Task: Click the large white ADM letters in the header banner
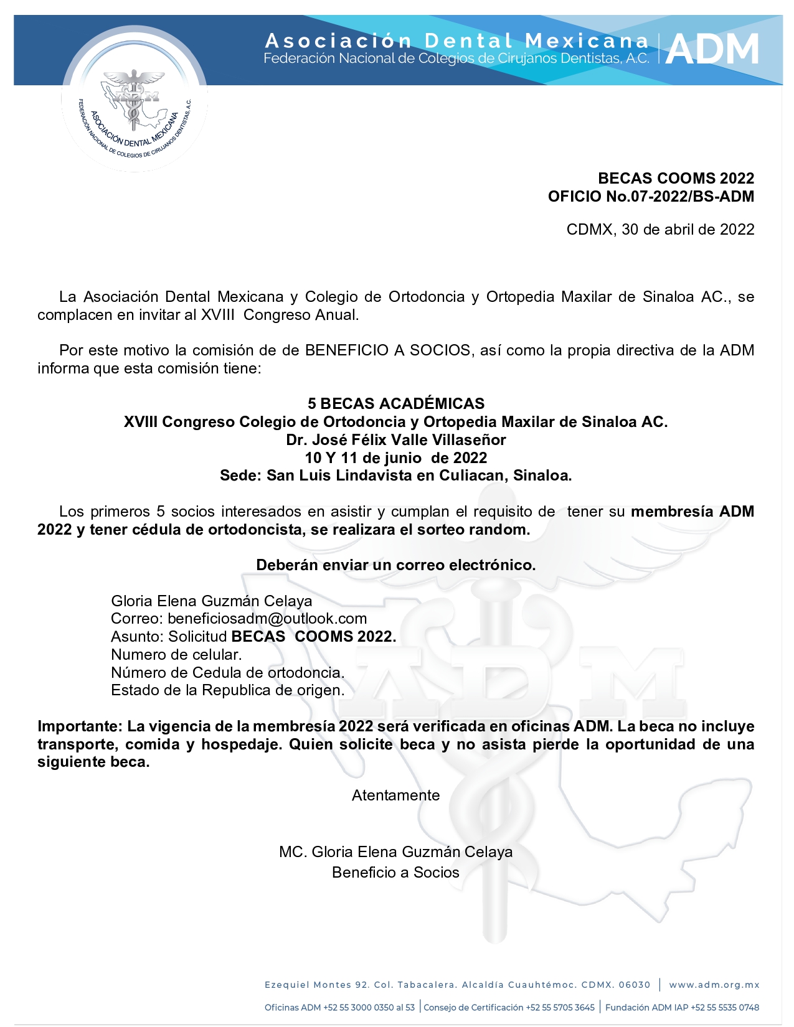(x=712, y=50)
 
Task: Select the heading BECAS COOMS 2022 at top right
(x=676, y=179)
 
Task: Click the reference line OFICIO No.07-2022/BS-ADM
(x=651, y=197)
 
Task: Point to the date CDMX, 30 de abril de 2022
(x=660, y=230)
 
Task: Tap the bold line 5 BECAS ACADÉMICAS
(x=396, y=403)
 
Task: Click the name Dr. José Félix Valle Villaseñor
(x=396, y=440)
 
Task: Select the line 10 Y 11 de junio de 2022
(x=396, y=458)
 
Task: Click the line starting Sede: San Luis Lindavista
(x=396, y=476)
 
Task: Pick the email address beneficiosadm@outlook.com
(x=267, y=619)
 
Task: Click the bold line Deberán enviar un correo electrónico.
(x=396, y=565)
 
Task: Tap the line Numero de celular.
(x=176, y=655)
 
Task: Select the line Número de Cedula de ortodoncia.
(x=227, y=673)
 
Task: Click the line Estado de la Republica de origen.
(x=227, y=690)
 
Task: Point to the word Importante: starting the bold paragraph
(x=80, y=726)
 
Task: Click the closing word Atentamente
(x=396, y=795)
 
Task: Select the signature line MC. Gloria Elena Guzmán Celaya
(x=396, y=852)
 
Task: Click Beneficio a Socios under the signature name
(x=396, y=873)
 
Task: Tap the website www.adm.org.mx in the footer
(x=714, y=985)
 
